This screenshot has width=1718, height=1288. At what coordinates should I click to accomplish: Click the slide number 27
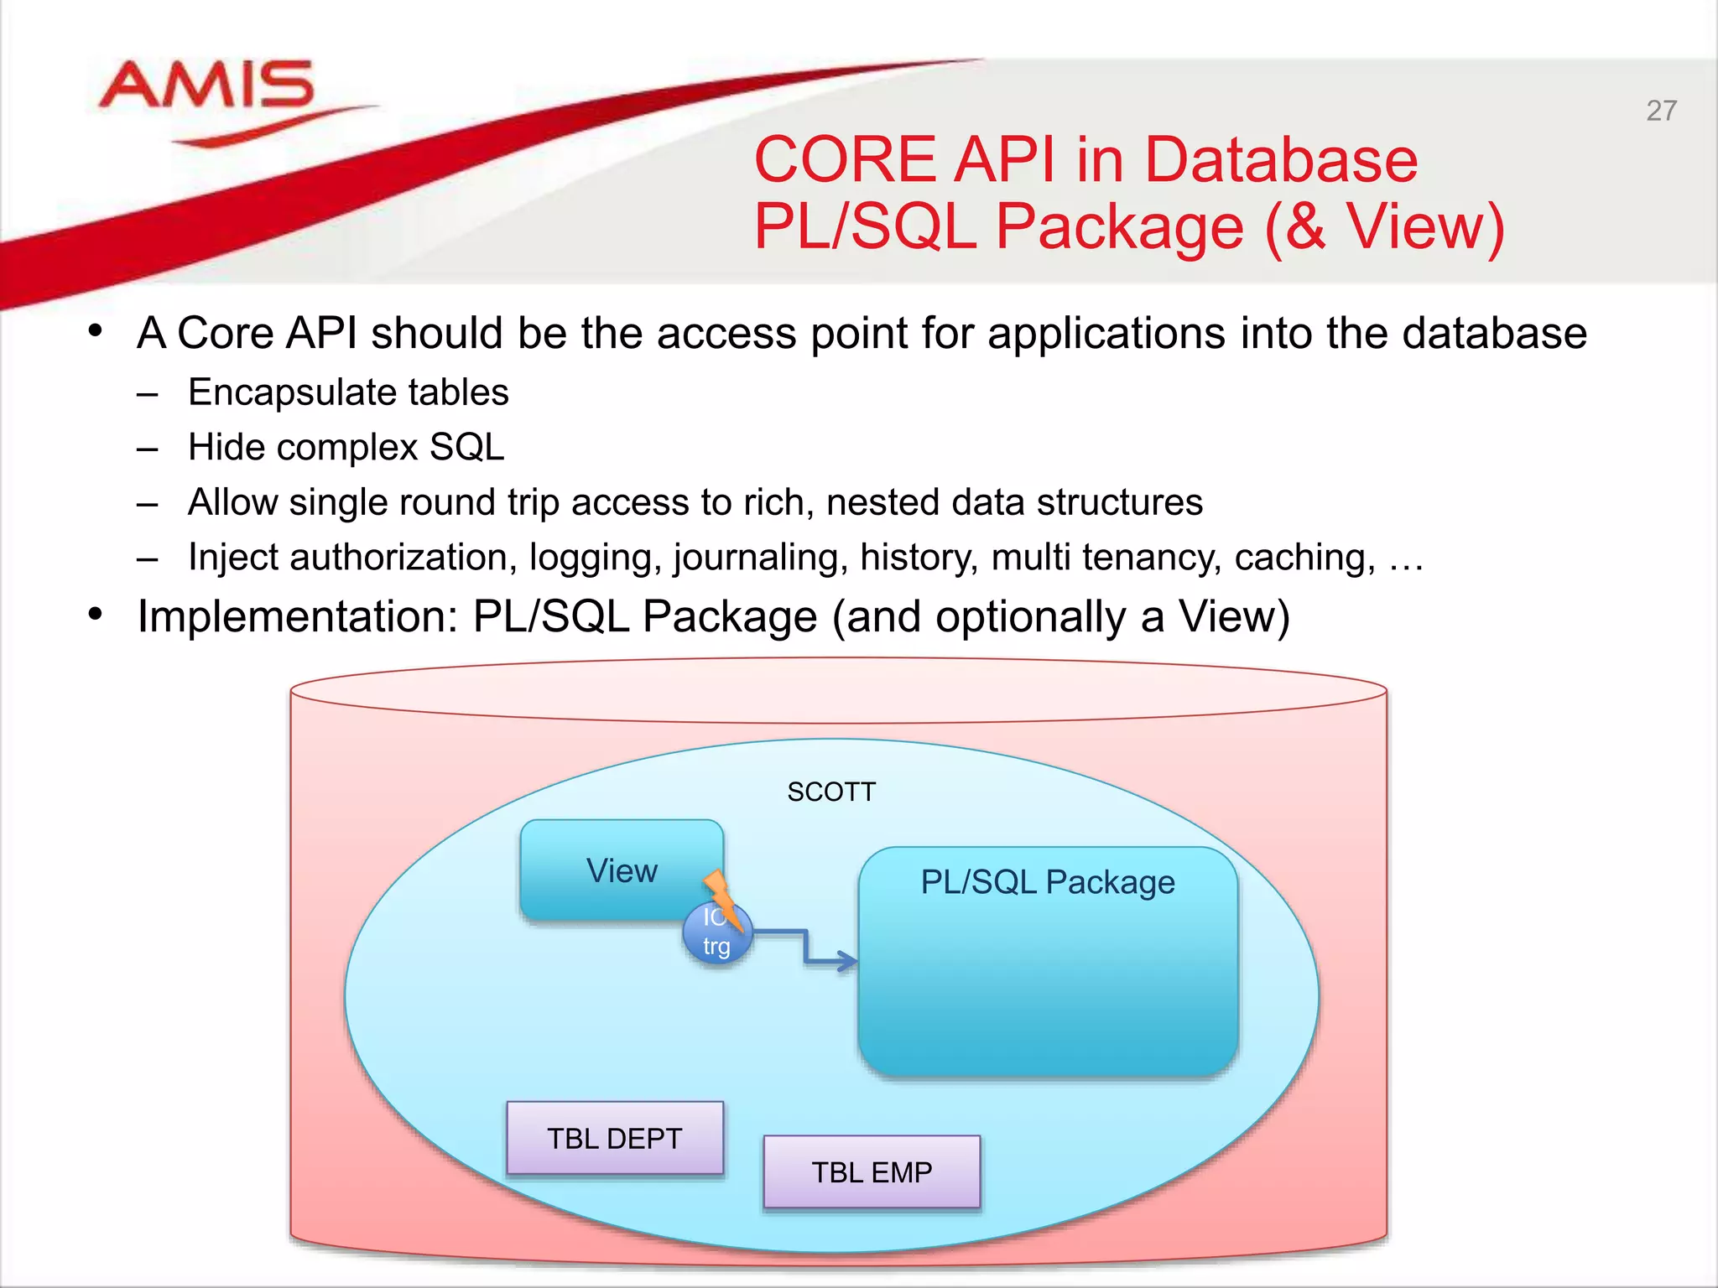coord(1661,111)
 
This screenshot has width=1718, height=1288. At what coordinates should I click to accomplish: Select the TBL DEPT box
coord(614,1138)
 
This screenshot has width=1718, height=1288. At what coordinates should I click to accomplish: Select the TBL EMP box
coord(872,1171)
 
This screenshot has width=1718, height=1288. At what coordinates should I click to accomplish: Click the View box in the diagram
coord(621,870)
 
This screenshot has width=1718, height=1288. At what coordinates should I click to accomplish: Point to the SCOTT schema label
coord(831,792)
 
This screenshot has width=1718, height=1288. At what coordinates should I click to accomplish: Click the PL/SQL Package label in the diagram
coord(1048,882)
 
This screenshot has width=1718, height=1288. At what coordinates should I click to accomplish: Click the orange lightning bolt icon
coord(721,897)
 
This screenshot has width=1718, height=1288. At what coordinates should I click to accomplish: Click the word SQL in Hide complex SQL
coord(466,447)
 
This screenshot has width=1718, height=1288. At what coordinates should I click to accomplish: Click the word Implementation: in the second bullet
coord(298,617)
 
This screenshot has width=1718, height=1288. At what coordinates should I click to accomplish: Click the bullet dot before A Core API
coord(96,331)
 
